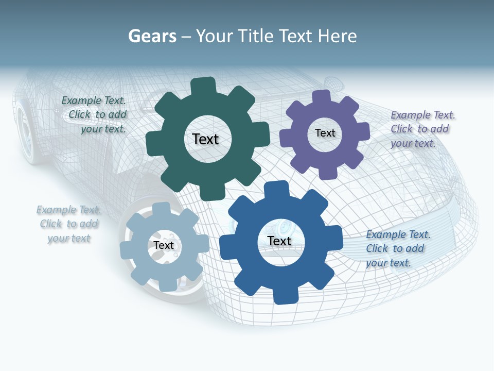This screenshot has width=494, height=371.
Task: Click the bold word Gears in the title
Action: (x=152, y=36)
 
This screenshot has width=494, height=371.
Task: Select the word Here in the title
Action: (x=337, y=36)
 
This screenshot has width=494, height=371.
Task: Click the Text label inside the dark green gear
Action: (x=206, y=139)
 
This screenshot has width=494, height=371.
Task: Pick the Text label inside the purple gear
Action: (x=325, y=133)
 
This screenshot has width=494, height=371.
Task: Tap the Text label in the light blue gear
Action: (x=164, y=245)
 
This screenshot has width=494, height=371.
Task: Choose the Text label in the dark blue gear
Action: (x=279, y=241)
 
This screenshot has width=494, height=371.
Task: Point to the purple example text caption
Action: (x=421, y=129)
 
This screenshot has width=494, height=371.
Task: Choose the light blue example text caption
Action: (x=69, y=224)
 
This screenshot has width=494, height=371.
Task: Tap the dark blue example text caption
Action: (x=396, y=248)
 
